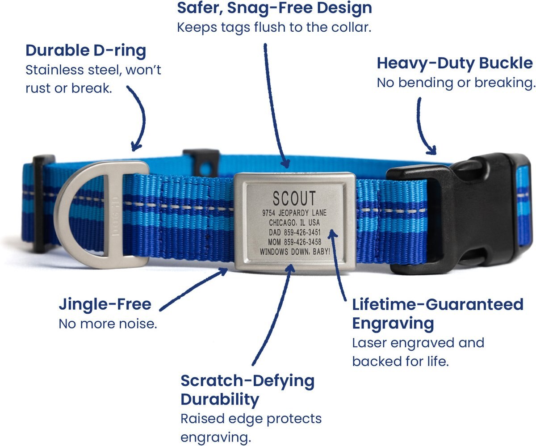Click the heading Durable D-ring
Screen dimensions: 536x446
pyautogui.click(x=86, y=50)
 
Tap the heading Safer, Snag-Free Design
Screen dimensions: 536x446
pyautogui.click(x=274, y=8)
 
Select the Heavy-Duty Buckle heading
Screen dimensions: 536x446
pyautogui.click(x=455, y=63)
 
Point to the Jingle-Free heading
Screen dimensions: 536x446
pyautogui.click(x=105, y=304)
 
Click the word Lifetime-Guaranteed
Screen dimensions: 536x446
pyautogui.click(x=437, y=304)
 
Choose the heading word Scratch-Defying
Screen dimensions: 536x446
pyautogui.click(x=247, y=381)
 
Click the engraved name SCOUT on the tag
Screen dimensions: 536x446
pyautogui.click(x=294, y=198)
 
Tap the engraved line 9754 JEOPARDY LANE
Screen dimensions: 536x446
pyautogui.click(x=294, y=213)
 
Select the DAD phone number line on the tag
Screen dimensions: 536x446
pyautogui.click(x=295, y=232)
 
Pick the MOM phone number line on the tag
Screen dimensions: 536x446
pyautogui.click(x=294, y=242)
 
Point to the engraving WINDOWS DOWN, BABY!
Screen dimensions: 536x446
pyautogui.click(x=295, y=252)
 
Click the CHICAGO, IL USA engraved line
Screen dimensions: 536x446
pyautogui.click(x=294, y=223)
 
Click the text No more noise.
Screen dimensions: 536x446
pyautogui.click(x=108, y=324)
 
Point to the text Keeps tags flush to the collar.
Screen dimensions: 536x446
pyautogui.click(x=274, y=28)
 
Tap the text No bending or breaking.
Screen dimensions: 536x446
pyautogui.click(x=456, y=83)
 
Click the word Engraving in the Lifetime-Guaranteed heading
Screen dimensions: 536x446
pyautogui.click(x=393, y=324)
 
